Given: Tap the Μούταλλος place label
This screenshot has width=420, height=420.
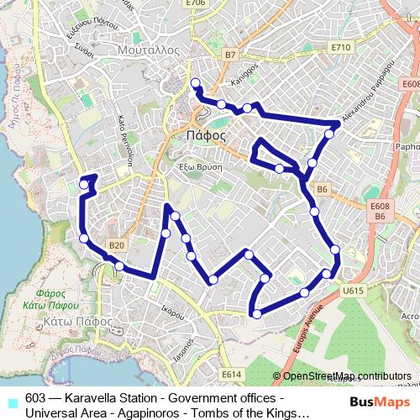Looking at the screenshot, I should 150,50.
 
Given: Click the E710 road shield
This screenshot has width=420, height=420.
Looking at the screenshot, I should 340,48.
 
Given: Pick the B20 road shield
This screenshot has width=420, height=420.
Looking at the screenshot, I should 116,245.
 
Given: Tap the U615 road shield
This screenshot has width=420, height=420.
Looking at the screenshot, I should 353,291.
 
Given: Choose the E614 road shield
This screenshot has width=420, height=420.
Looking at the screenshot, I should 231,374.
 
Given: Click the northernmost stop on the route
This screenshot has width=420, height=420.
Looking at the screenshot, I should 195,82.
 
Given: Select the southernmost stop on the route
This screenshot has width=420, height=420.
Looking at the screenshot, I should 256,314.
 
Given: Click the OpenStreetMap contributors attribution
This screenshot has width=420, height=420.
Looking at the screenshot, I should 346,376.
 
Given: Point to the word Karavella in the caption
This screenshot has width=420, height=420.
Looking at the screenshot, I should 93,397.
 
